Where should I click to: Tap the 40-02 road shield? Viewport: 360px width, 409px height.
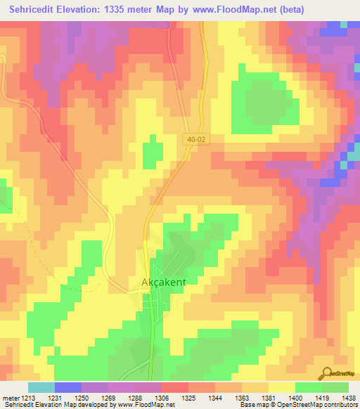click(197, 140)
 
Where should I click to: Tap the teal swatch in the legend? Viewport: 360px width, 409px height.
click(41, 387)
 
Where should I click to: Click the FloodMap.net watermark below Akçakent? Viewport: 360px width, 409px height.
click(150, 378)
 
